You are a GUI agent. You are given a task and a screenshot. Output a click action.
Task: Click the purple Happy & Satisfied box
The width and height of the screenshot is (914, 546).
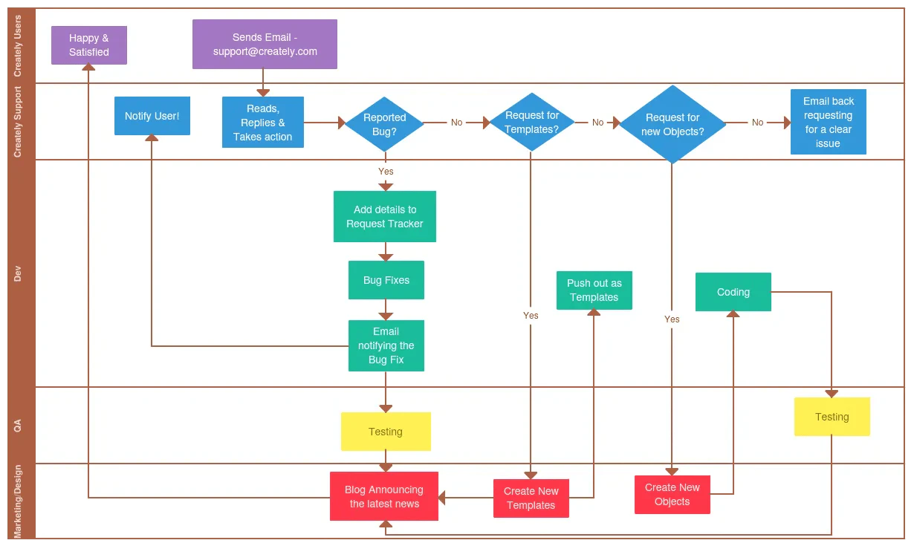[x=89, y=45]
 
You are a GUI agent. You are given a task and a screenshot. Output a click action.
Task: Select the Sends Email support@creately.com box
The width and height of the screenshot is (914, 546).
[x=265, y=45]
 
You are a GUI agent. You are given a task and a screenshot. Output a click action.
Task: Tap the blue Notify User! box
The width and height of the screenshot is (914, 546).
[x=152, y=116]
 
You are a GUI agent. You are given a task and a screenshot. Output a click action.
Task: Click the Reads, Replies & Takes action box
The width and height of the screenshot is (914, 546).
[x=263, y=123]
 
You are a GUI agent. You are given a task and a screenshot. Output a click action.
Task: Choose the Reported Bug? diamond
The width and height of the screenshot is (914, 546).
[x=384, y=124]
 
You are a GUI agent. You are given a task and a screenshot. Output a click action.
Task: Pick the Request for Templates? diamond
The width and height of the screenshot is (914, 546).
[x=531, y=123]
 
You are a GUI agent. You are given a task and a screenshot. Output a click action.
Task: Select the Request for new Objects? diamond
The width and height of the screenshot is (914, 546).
[x=672, y=124]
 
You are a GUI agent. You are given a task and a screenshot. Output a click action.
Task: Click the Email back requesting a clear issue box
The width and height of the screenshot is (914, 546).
[x=828, y=122]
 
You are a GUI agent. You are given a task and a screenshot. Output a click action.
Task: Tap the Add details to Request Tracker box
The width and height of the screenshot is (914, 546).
[x=385, y=216]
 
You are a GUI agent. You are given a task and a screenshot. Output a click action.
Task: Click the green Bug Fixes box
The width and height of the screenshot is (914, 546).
[x=386, y=280]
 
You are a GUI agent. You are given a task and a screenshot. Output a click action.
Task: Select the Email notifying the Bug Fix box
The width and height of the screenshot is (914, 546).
[x=386, y=345]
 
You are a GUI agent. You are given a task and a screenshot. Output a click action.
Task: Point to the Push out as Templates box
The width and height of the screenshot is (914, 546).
[x=594, y=290]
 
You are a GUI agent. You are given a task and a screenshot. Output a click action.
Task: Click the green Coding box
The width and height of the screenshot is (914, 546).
[x=733, y=292]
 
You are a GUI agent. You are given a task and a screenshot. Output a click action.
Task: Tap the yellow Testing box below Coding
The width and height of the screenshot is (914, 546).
[x=832, y=417]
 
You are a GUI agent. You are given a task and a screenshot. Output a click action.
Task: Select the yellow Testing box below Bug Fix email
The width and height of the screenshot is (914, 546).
[x=386, y=432]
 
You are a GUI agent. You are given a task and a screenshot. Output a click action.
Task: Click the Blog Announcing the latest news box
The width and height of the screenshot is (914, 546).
[x=384, y=496]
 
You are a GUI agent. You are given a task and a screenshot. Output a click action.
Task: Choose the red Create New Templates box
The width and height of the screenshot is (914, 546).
[x=531, y=498]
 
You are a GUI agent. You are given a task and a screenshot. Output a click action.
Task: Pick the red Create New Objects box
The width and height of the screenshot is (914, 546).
[x=672, y=495]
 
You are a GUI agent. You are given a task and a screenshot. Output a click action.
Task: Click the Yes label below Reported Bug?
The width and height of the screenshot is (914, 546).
[x=386, y=172]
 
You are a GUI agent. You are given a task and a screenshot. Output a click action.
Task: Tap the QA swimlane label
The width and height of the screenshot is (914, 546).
[x=18, y=425]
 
